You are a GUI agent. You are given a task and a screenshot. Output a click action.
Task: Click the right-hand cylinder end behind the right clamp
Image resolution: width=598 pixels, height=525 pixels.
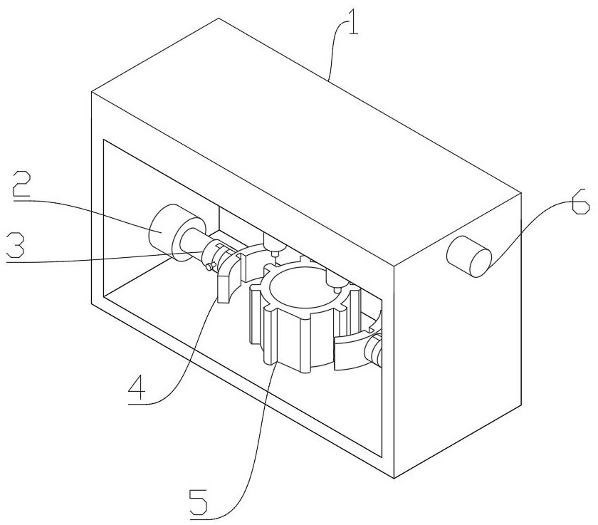(375, 350)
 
